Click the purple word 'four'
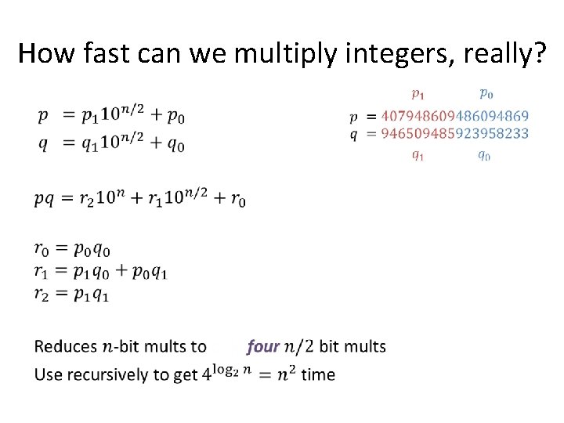pyautogui.click(x=262, y=346)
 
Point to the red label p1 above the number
pyautogui.click(x=418, y=95)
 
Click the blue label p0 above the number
pyautogui.click(x=486, y=95)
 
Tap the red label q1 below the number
pyautogui.click(x=418, y=155)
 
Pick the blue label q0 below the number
pyautogui.click(x=484, y=155)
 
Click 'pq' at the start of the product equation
pyautogui.click(x=45, y=201)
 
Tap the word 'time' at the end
pyautogui.click(x=318, y=374)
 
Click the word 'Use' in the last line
pyautogui.click(x=49, y=374)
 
